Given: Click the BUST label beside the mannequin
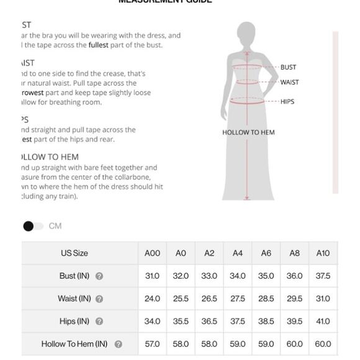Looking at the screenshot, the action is coord(288,67).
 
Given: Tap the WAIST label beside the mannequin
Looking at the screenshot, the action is coord(289,82).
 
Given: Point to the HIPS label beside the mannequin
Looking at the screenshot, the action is coord(287,101).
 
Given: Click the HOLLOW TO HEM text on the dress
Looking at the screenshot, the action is coord(248,132).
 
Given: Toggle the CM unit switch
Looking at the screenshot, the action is coord(34,226).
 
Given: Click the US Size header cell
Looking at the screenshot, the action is coord(74,253).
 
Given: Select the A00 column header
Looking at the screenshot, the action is coord(152,253).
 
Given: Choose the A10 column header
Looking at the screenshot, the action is coord(323,253).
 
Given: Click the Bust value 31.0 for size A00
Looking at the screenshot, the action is coord(152,276).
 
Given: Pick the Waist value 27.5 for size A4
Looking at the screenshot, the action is coord(238,299).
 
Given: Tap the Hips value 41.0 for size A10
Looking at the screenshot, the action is coord(323,322).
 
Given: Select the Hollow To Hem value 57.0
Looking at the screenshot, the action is coord(152,344).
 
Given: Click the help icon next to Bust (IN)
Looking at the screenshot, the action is coord(99,276).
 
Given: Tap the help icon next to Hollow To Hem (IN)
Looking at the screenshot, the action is coord(118,344).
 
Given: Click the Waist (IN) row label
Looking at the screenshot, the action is coord(74,299).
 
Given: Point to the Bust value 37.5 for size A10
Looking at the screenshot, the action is coord(323,276).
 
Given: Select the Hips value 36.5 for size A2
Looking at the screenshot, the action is coord(209,322).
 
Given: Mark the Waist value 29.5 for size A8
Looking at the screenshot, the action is coord(295,299).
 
